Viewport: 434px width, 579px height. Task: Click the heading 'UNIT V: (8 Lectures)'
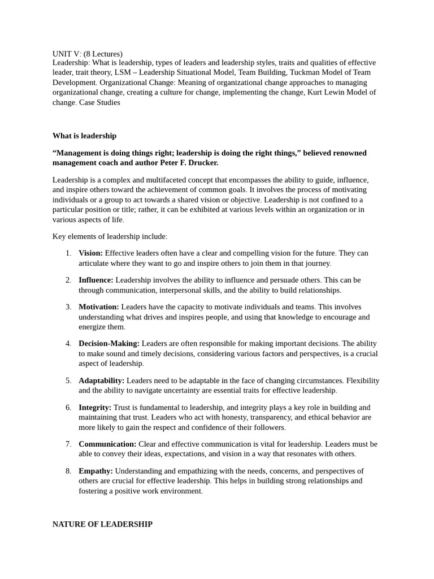[x=87, y=54]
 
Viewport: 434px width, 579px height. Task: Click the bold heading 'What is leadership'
[x=84, y=136]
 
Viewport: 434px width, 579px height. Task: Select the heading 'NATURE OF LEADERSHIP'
[x=102, y=524]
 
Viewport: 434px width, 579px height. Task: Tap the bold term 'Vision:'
[x=90, y=253]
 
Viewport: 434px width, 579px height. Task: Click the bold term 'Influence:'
[x=96, y=280]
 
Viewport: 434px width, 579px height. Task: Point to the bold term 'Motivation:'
[x=98, y=307]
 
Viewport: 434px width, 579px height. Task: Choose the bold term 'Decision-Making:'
[x=108, y=343]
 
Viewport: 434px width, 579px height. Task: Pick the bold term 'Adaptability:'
[x=101, y=381]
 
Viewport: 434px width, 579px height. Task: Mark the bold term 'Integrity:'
[x=95, y=407]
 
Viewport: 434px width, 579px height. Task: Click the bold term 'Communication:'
[x=107, y=444]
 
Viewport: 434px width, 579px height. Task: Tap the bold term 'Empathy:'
[x=96, y=471]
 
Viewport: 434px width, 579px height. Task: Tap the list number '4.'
[x=68, y=343]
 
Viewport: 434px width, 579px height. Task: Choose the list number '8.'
[x=68, y=471]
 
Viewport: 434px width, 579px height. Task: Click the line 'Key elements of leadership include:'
[x=110, y=236]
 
